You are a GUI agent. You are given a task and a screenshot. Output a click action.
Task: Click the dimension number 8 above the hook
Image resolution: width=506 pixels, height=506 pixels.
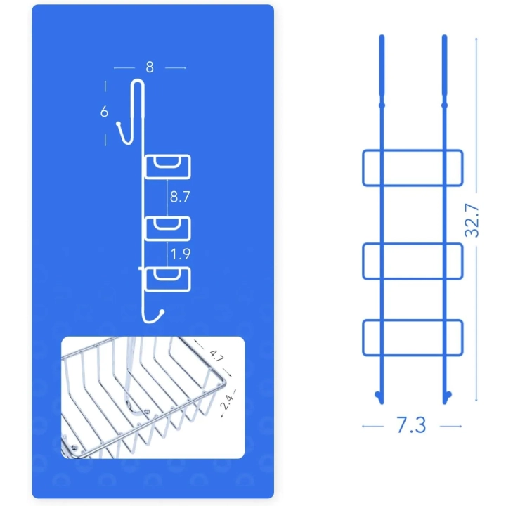click(150, 67)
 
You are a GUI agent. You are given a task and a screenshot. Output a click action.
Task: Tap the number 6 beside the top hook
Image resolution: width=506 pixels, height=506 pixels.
click(104, 112)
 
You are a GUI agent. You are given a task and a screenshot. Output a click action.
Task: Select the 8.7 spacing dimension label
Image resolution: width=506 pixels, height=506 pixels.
click(180, 197)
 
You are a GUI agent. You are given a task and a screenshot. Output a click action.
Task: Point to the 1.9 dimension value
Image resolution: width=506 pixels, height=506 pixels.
click(181, 254)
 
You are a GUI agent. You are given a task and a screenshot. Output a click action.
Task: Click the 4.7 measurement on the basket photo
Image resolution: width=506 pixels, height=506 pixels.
click(216, 356)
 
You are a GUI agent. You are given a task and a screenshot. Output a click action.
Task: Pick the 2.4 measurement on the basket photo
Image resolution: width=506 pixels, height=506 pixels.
click(227, 402)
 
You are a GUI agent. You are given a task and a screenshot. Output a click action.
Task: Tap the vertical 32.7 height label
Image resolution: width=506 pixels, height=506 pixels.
click(472, 221)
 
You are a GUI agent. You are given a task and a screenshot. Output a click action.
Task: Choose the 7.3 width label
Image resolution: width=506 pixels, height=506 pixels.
click(411, 425)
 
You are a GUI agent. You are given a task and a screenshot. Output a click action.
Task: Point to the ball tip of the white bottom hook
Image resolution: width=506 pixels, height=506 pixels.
click(162, 312)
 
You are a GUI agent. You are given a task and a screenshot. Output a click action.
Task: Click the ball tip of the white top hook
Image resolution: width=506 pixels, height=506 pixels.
click(119, 124)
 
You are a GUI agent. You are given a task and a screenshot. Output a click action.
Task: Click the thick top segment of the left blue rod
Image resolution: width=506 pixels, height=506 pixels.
click(382, 65)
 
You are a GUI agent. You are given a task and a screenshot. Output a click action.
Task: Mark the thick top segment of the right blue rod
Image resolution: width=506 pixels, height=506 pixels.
click(444, 65)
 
